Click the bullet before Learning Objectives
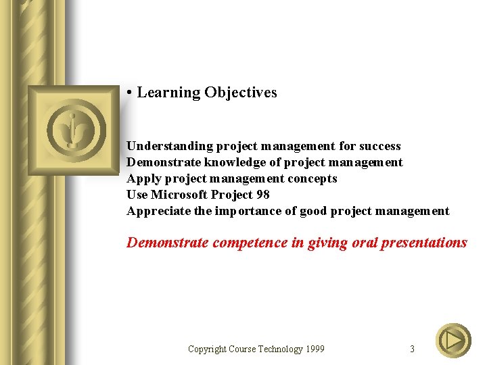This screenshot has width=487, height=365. click(129, 93)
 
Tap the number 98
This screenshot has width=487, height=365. click(262, 195)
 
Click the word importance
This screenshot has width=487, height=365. click(246, 211)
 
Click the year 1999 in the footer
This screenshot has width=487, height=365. click(315, 349)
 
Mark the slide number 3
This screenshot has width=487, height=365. click(412, 349)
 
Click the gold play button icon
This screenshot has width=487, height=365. click(453, 341)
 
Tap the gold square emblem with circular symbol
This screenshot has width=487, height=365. click(72, 130)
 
